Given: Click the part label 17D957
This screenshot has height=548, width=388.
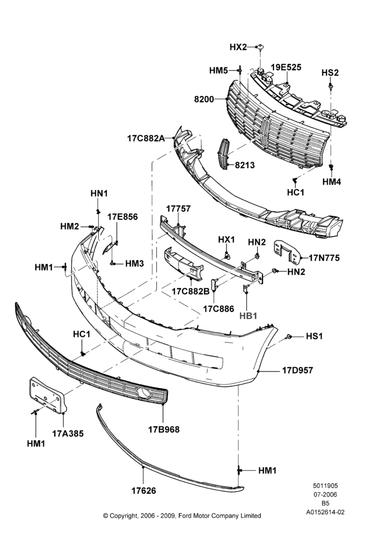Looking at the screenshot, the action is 298,370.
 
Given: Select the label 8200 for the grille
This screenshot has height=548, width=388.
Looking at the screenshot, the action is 204,99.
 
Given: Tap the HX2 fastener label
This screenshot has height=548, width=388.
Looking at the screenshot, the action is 238,47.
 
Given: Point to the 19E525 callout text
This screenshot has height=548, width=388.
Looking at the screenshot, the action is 286,67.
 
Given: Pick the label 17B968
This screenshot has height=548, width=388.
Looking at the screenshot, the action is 164,430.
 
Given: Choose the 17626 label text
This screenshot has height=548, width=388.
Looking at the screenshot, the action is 144,490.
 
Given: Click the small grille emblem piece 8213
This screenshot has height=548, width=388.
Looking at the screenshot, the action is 224,154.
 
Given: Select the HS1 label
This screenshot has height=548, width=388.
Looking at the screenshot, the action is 314,336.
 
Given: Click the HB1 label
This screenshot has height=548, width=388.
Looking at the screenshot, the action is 248,316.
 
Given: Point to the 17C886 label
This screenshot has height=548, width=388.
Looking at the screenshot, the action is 219,309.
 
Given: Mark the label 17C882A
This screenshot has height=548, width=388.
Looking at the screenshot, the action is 145,139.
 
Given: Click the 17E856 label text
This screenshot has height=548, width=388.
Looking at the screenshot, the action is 122,216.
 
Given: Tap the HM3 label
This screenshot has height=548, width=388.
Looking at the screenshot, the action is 135,263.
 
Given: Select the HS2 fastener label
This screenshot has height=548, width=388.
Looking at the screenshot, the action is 330,73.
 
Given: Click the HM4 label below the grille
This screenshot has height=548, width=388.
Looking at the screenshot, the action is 332,181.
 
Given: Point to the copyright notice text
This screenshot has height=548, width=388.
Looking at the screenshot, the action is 182,516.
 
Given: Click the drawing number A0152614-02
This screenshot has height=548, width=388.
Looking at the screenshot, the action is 325,512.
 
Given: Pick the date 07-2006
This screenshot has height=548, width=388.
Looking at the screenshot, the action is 325,494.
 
